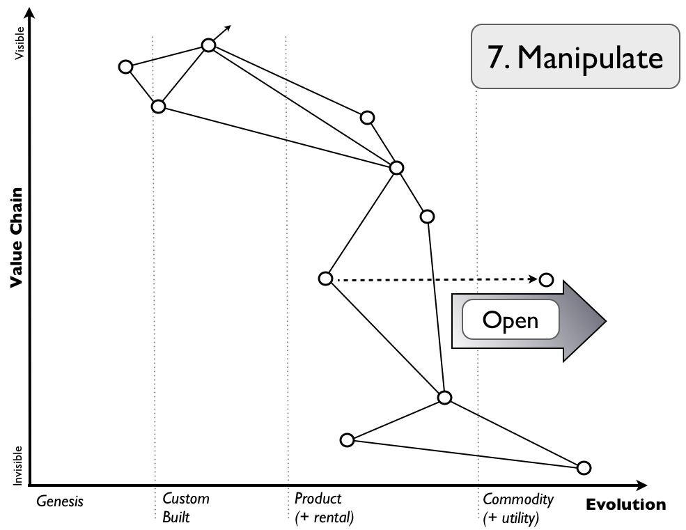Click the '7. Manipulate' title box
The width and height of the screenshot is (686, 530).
575,56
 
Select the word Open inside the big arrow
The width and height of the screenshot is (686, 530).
510,320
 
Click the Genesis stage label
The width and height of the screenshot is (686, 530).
60,500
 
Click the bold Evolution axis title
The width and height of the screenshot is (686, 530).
625,505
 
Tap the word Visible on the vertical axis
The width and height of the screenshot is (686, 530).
19,43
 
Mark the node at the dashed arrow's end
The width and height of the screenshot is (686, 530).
547,280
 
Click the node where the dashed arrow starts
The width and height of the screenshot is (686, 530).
325,279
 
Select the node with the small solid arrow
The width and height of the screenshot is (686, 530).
208,45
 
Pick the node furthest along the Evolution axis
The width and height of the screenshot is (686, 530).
584,467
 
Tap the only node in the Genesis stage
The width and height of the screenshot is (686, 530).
125,67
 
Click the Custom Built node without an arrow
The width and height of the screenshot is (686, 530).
159,107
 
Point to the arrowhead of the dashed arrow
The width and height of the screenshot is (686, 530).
532,279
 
